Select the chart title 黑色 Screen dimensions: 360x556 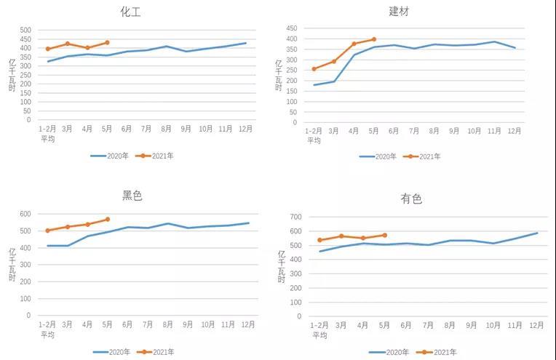click(x=132, y=195)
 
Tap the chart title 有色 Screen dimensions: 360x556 click(x=411, y=199)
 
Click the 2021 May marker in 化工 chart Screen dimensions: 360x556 click(x=107, y=42)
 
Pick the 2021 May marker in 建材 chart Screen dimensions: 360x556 click(x=374, y=39)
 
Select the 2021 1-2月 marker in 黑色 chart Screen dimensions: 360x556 click(x=47, y=231)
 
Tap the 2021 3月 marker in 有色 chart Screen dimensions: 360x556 click(x=341, y=236)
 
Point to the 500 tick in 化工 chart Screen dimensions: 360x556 click(x=25, y=31)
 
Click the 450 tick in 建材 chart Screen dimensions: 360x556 click(x=291, y=28)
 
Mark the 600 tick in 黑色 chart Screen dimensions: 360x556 click(x=25, y=214)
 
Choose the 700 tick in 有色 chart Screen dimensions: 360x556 click(x=295, y=217)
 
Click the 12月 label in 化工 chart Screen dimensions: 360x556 click(x=245, y=129)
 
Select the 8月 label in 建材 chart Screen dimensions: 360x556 click(x=434, y=132)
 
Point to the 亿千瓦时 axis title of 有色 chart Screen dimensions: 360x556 click(x=282, y=266)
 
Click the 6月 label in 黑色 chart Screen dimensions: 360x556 click(x=127, y=324)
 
